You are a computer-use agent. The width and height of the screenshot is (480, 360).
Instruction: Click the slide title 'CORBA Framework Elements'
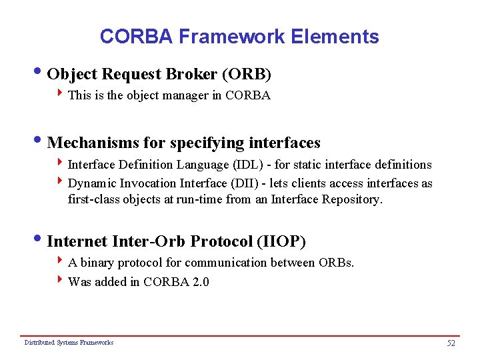tap(239, 36)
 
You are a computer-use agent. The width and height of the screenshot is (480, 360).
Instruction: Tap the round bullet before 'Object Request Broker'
tap(42, 71)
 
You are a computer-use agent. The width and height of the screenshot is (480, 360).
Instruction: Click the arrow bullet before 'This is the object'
tap(61, 95)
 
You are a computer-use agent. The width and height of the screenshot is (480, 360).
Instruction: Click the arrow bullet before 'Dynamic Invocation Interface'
tap(61, 183)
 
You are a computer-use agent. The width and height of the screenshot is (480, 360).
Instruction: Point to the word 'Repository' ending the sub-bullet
tap(353, 199)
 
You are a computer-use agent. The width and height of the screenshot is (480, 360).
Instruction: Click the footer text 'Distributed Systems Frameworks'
tap(69, 343)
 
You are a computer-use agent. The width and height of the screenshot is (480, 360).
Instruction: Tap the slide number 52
tap(451, 343)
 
